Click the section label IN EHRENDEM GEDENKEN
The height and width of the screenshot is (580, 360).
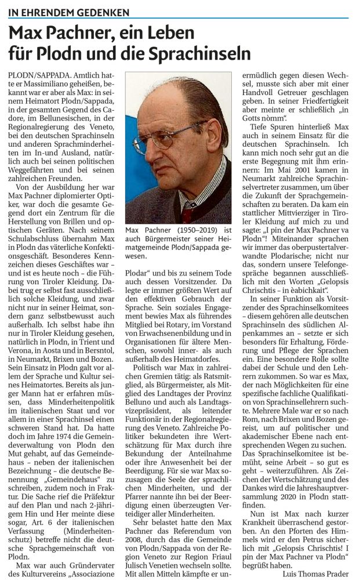(x=69, y=12)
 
